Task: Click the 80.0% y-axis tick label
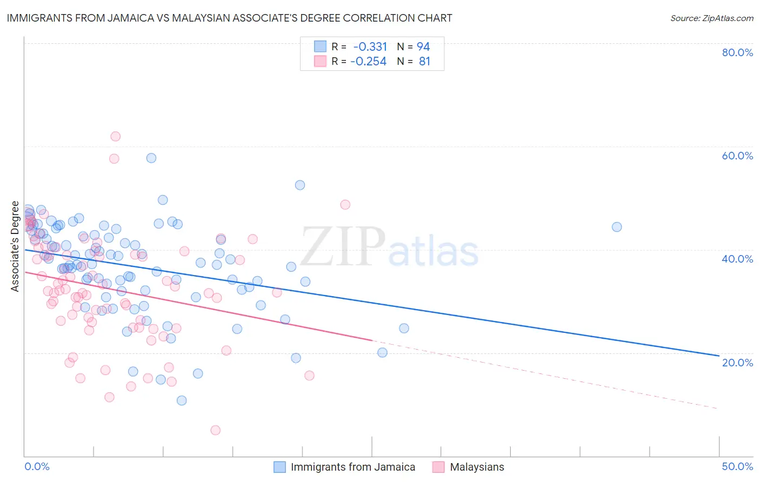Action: pos(737,52)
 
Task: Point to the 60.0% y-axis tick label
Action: pos(737,156)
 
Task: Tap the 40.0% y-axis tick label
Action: pos(737,259)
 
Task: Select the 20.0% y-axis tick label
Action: pos(737,363)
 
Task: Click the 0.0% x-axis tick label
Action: pos(37,466)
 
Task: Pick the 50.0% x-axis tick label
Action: pos(737,466)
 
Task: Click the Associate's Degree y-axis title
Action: pos(15,246)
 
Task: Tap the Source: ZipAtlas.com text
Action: pos(711,18)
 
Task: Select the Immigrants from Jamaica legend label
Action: pos(353,467)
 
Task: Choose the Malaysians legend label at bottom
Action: pos(477,467)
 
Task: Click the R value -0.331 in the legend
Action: pos(370,47)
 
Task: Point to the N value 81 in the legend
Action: pos(424,62)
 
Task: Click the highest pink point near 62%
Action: pos(115,136)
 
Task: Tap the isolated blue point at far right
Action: pos(617,227)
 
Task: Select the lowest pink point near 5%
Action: pos(215,430)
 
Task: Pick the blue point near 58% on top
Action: pos(151,158)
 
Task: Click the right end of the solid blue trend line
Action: pos(719,356)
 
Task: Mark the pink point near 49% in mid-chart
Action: pos(345,204)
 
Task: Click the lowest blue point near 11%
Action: pos(182,400)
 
